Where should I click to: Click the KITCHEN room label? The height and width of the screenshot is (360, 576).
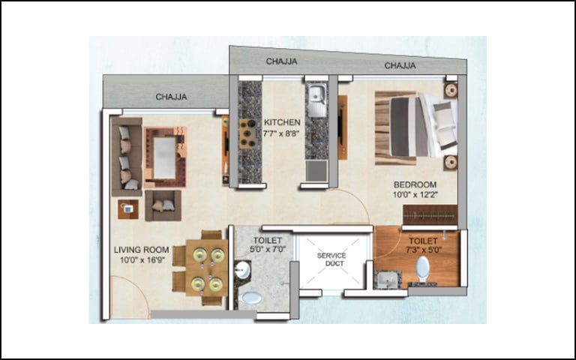(x=282, y=122)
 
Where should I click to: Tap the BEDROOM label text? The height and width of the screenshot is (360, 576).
(x=415, y=184)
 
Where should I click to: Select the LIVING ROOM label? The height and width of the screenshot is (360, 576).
(x=142, y=250)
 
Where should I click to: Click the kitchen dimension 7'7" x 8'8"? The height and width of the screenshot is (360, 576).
(x=282, y=133)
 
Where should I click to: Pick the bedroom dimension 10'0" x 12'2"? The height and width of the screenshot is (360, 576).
(x=415, y=195)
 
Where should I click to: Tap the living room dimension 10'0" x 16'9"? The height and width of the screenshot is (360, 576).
(x=142, y=260)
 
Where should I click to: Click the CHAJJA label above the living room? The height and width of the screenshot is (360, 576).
(x=171, y=97)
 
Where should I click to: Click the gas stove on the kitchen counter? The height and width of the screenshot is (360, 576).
(x=247, y=133)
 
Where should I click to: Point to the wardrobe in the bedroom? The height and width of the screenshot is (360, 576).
(x=430, y=214)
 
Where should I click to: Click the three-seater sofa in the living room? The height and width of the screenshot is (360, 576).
(x=127, y=157)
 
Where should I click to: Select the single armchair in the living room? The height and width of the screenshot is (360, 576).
(x=163, y=205)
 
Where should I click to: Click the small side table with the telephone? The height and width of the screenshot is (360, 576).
(x=128, y=209)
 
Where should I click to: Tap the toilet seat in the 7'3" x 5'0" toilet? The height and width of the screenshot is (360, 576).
(x=423, y=269)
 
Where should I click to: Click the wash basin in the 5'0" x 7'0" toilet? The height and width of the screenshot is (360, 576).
(x=242, y=271)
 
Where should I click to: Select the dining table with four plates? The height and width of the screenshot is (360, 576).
(x=206, y=268)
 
